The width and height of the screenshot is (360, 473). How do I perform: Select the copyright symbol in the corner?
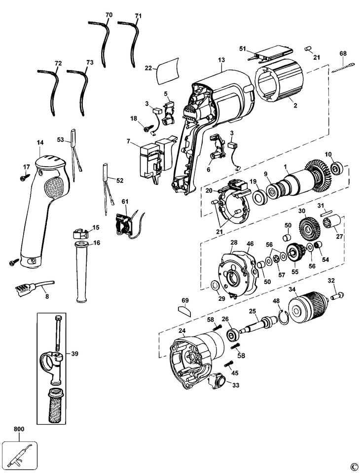pyautogui.click(x=353, y=467)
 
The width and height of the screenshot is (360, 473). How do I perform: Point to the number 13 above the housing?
pyautogui.click(x=220, y=61)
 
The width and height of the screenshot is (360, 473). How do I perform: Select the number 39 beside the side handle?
pyautogui.click(x=74, y=354)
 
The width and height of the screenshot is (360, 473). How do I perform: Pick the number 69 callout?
pyautogui.click(x=185, y=300)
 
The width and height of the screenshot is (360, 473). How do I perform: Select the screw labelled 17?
pyautogui.click(x=24, y=174)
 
